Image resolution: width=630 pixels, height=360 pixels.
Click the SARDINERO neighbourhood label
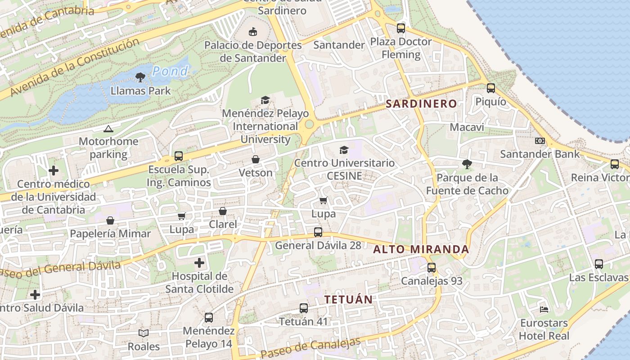pos(421,103)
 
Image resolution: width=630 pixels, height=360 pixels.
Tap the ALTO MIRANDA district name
pos(421,249)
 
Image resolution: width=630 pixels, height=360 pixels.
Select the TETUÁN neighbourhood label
pos(348,299)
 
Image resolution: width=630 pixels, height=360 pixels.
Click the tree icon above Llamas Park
pos(140,77)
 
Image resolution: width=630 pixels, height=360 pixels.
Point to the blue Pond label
pos(170,71)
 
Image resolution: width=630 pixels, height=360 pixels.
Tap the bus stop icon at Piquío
pos(491,88)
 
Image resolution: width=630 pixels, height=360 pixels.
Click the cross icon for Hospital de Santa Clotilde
pos(199,263)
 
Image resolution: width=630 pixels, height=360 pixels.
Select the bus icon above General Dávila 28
pos(318,232)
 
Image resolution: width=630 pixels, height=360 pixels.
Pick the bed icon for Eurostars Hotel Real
pos(544,310)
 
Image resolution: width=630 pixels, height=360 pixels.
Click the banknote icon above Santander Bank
pos(540,141)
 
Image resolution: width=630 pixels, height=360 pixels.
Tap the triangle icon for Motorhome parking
pos(108,129)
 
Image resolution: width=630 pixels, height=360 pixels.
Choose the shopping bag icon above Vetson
pos(256,159)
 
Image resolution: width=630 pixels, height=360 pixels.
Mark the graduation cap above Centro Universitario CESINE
pos(344,150)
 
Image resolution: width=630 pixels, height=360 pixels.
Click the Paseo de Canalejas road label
pos(310,347)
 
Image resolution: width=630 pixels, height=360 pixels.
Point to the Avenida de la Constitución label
pos(74,67)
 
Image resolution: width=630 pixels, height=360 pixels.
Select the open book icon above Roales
pos(144,333)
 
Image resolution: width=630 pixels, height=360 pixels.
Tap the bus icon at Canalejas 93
pos(432,268)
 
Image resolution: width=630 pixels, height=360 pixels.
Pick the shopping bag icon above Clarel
pos(223,211)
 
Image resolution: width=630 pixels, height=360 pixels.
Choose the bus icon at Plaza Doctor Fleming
pos(401,28)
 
